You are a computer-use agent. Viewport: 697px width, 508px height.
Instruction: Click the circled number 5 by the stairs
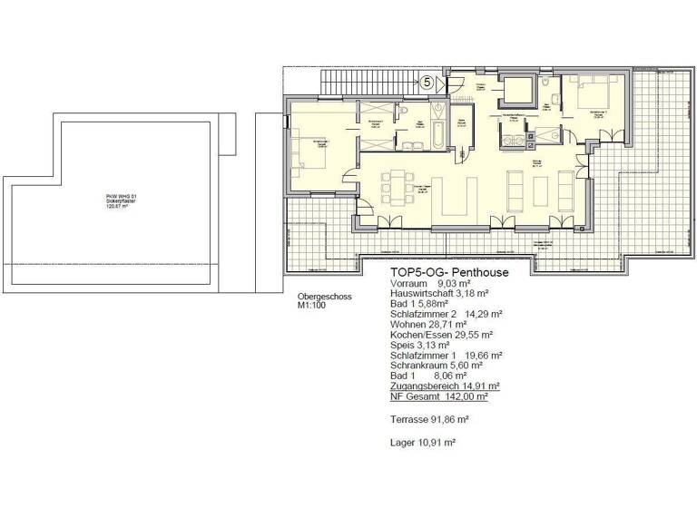(x=427, y=82)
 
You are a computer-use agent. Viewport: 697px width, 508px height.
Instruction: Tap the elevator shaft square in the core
(x=520, y=91)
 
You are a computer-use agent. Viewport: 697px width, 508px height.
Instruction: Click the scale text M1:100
(x=311, y=306)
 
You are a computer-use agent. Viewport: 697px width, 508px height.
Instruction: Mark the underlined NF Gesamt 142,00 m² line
(x=439, y=396)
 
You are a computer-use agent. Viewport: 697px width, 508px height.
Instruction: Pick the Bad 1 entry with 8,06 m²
(x=423, y=376)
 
